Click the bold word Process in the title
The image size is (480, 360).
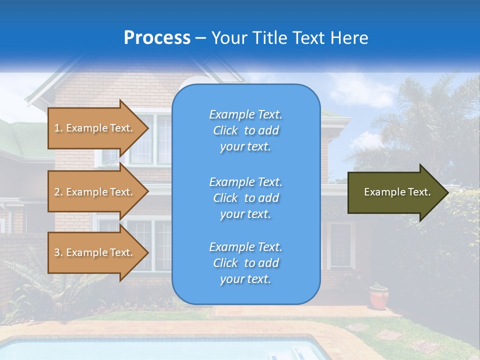[157, 38]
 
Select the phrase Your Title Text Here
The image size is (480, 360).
[289, 38]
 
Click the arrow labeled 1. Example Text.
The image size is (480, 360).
[94, 128]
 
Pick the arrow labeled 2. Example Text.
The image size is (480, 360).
[94, 192]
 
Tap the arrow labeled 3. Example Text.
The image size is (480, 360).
[94, 252]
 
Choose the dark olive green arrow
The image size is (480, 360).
[395, 192]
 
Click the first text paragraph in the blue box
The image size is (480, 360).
[245, 130]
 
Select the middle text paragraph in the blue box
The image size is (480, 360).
[245, 198]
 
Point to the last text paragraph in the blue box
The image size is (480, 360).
[245, 263]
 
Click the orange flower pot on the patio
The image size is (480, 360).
[379, 297]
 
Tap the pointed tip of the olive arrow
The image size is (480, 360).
[446, 192]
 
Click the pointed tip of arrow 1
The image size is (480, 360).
[147, 128]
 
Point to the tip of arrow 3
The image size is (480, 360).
[147, 252]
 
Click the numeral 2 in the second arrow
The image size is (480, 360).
[57, 192]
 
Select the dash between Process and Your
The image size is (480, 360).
[201, 38]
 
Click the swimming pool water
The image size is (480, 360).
[150, 350]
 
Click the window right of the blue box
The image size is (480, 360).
[340, 245]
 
